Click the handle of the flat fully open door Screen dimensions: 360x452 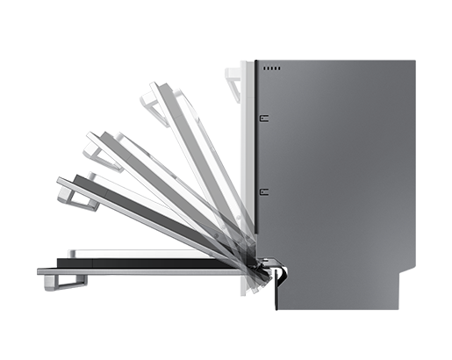[x=54, y=278]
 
